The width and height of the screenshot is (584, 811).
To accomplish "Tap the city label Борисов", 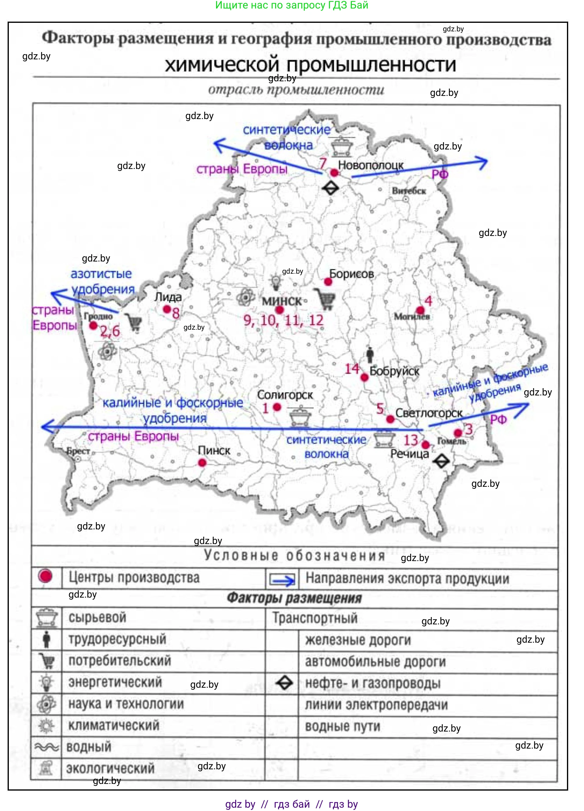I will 351,274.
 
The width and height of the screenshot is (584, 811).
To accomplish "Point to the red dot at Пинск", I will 202,463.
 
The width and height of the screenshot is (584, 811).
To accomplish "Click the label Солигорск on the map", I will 285,395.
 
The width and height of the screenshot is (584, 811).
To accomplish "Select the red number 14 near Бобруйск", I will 352,369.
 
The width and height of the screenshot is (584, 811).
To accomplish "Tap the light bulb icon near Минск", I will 275,282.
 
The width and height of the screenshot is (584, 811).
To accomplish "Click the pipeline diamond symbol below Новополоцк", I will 330,188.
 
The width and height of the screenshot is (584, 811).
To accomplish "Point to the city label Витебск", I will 409,191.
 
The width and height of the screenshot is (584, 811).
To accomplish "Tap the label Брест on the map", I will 78,451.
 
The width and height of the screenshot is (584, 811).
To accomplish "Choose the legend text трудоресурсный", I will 117,639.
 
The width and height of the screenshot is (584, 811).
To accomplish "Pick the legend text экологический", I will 110,768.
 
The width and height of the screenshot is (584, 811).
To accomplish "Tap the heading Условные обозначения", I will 295,556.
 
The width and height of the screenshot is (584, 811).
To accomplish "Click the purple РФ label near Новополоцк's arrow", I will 440,174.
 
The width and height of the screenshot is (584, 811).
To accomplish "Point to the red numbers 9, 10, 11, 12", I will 283,320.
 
